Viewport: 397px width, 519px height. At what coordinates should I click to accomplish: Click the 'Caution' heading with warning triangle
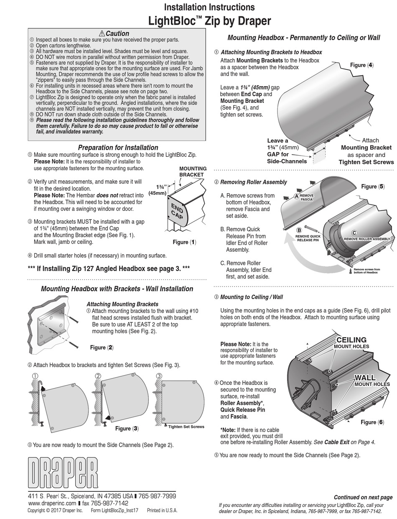pyautogui.click(x=114, y=33)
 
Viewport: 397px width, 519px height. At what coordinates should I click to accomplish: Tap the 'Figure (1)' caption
pyautogui.click(x=184, y=242)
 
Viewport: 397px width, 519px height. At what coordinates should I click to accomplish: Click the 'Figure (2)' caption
pyautogui.click(x=102, y=348)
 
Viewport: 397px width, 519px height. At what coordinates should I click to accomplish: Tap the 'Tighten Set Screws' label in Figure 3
pyautogui.click(x=186, y=427)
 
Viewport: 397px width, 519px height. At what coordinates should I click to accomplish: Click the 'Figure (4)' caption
pyautogui.click(x=361, y=65)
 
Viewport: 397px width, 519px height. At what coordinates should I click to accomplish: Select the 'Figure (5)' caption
pyautogui.click(x=373, y=187)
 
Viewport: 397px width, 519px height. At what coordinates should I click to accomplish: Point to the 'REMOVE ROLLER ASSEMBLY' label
pyautogui.click(x=366, y=239)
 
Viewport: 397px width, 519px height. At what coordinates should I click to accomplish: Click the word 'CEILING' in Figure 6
pyautogui.click(x=351, y=340)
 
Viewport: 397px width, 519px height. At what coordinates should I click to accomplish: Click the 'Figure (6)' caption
pyautogui.click(x=372, y=422)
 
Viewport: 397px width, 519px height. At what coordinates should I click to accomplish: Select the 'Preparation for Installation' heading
pyautogui.click(x=118, y=148)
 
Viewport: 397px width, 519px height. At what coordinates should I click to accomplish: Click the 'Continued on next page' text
pyautogui.click(x=363, y=497)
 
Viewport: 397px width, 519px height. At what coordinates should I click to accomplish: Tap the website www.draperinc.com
pyautogui.click(x=52, y=503)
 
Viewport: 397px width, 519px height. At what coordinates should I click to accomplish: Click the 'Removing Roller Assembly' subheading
pyautogui.click(x=253, y=182)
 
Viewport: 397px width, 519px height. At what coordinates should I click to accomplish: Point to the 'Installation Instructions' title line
pyautogui.click(x=209, y=7)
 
